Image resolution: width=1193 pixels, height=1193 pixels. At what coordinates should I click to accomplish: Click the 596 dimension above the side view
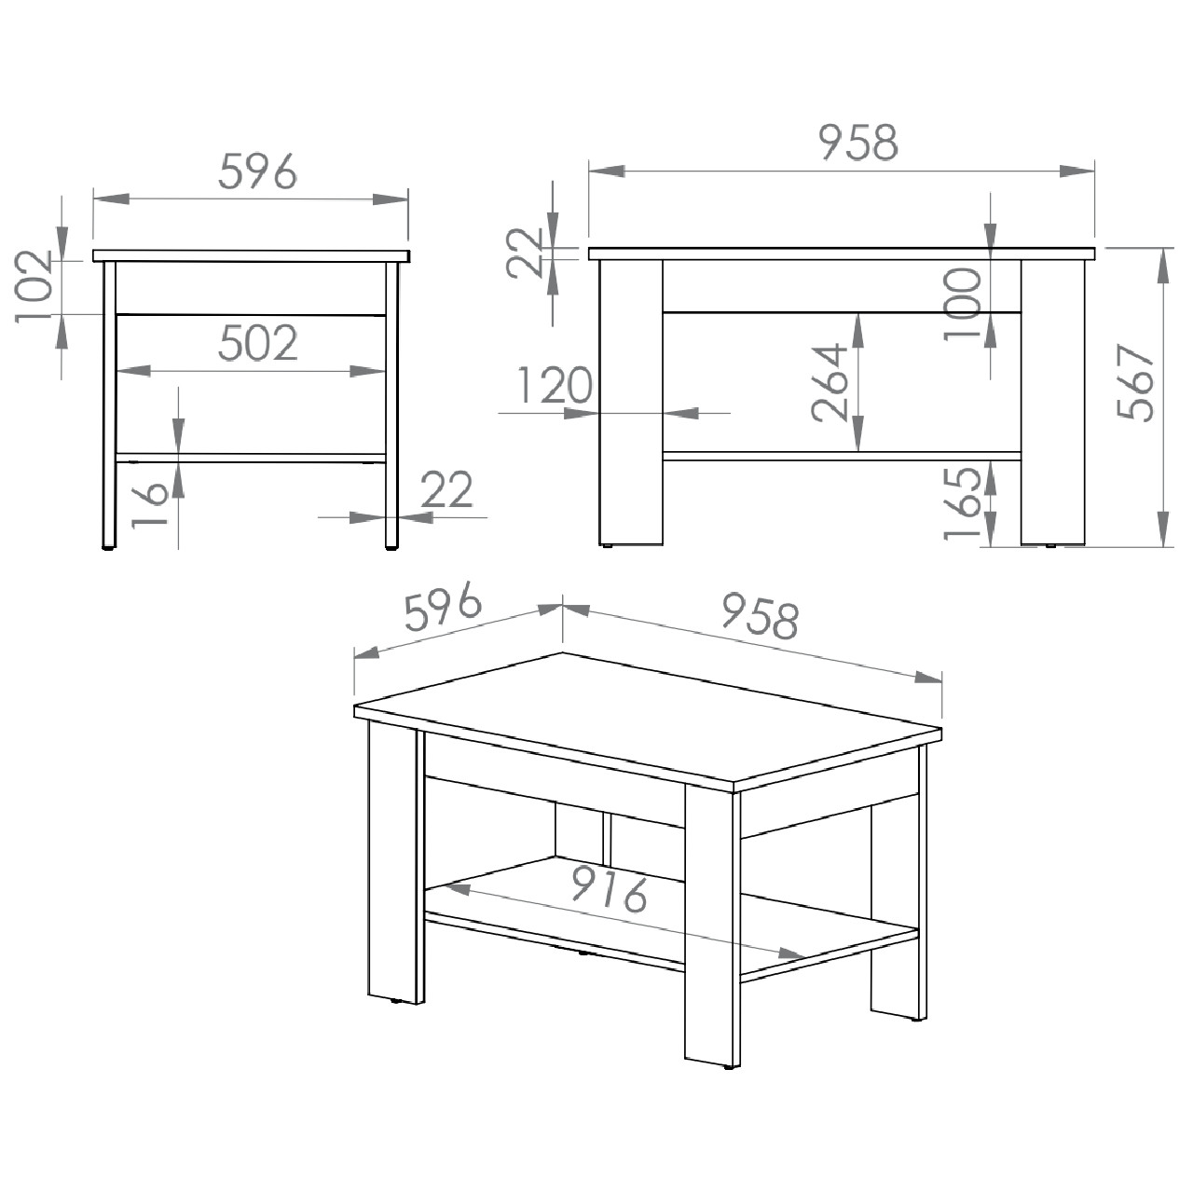(257, 171)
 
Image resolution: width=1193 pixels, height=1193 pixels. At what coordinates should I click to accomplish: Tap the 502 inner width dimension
(258, 344)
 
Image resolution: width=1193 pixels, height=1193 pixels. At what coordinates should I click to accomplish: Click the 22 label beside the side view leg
(446, 489)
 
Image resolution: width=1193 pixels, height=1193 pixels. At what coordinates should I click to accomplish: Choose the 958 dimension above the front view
(857, 142)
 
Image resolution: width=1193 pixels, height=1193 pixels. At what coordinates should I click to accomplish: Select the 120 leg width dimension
(555, 385)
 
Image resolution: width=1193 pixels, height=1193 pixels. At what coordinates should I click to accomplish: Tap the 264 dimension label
(829, 383)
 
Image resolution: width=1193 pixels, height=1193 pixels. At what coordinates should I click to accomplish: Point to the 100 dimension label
(962, 303)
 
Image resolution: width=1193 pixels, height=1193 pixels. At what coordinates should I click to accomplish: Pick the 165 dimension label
(962, 502)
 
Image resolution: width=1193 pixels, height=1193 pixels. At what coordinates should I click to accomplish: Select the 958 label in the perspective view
(761, 615)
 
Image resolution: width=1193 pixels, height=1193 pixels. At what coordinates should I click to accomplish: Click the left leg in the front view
(631, 403)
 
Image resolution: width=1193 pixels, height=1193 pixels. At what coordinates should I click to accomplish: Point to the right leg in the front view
(1053, 403)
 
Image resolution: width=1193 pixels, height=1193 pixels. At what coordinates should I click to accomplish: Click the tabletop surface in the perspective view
(648, 722)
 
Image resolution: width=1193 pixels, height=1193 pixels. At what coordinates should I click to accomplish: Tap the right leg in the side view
(391, 405)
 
